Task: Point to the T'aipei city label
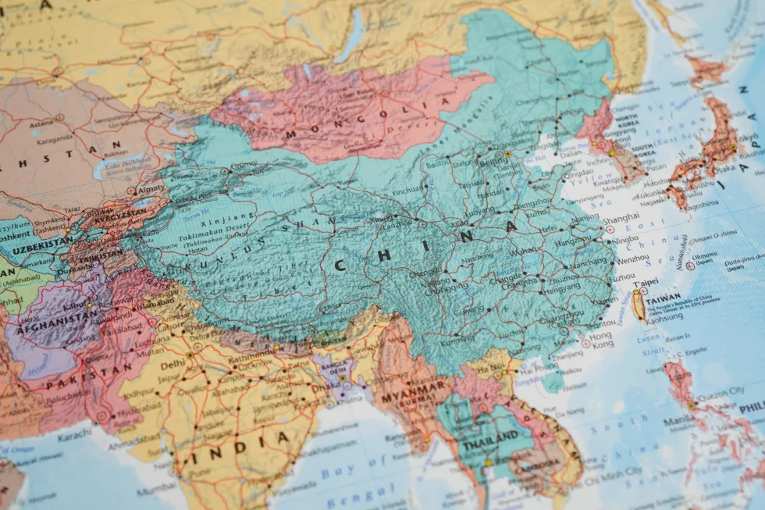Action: click(646, 282)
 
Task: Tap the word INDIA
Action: click(239, 448)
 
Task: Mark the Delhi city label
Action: click(173, 364)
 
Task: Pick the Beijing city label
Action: click(492, 162)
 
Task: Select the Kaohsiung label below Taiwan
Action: click(664, 316)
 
